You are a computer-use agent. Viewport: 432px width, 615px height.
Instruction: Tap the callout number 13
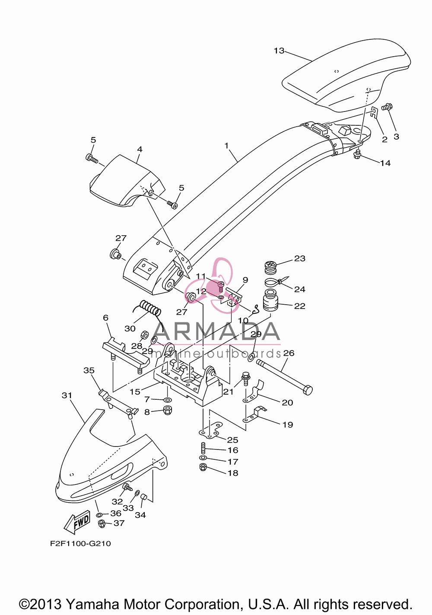[279, 51]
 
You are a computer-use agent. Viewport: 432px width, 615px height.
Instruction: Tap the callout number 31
[67, 395]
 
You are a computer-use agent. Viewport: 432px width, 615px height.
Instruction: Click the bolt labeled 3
[387, 107]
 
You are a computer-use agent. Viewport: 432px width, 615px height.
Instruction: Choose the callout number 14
[385, 163]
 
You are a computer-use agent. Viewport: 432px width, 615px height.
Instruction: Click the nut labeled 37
[102, 523]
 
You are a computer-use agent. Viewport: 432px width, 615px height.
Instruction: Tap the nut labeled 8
[167, 411]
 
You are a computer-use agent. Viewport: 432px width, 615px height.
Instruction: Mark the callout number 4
[140, 150]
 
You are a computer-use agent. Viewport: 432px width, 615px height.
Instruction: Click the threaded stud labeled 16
[203, 448]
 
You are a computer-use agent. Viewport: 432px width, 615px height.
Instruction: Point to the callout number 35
[89, 370]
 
